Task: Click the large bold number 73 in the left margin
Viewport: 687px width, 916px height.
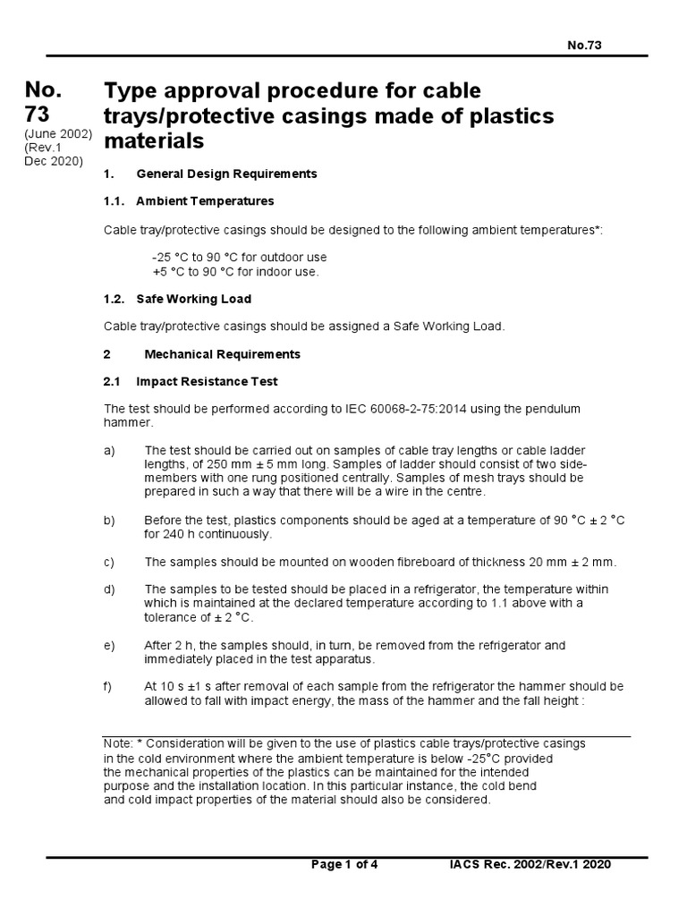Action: tap(43, 114)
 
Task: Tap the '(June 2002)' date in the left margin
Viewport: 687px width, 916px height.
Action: tap(58, 133)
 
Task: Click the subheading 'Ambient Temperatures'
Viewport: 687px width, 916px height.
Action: tap(205, 200)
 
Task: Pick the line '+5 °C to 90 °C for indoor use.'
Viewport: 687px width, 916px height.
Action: tap(235, 271)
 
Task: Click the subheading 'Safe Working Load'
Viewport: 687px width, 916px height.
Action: tap(193, 299)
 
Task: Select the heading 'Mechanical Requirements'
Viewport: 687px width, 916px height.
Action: tap(222, 354)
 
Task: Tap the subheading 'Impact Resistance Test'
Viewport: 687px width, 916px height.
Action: tap(207, 382)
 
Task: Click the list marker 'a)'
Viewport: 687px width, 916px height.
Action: tap(110, 450)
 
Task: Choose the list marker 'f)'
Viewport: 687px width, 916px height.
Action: tap(108, 687)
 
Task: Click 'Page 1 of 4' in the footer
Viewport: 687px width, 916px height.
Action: tap(344, 865)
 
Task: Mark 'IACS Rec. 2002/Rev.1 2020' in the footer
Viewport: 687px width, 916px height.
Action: tap(530, 865)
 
